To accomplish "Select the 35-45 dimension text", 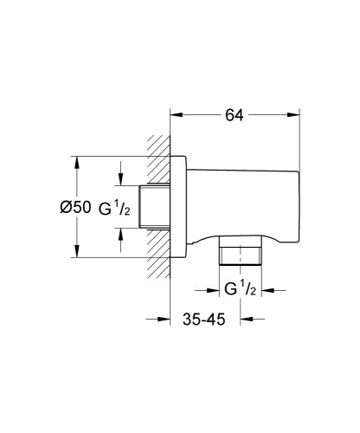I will point(204,320).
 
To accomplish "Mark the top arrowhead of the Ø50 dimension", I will point(77,161).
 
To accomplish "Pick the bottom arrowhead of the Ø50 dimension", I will point(77,254).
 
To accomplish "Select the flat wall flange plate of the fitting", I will point(179,208).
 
